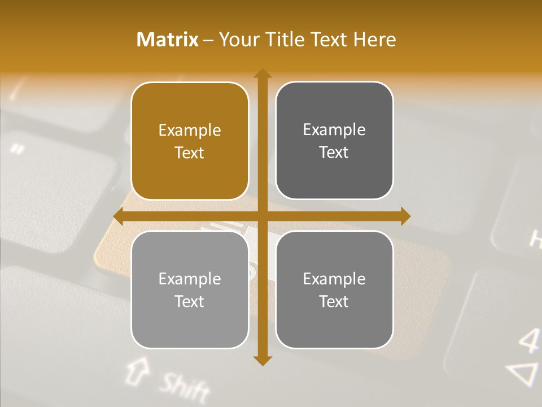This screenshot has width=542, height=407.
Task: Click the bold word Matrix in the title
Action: [x=168, y=40]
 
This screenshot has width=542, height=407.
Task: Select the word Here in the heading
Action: [x=374, y=40]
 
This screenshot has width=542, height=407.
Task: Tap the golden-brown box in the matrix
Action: [x=190, y=141]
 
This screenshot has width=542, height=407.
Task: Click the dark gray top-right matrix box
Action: [x=334, y=141]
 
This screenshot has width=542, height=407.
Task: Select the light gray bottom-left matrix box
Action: [x=190, y=289]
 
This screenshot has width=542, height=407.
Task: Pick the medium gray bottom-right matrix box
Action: [x=334, y=289]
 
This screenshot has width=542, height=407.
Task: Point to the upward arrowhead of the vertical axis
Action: [x=262, y=73]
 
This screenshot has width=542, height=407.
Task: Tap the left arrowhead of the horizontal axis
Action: [x=119, y=216]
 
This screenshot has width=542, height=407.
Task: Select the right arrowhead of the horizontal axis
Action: [x=405, y=216]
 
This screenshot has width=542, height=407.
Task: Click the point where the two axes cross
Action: [x=262, y=216]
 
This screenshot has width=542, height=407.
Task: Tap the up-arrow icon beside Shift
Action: [x=135, y=370]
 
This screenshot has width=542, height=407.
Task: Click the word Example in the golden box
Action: [x=190, y=131]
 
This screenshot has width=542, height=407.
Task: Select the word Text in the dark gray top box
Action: [x=334, y=152]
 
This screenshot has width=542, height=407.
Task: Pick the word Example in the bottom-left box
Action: [x=190, y=279]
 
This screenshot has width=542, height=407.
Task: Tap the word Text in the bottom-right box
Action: [x=334, y=301]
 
